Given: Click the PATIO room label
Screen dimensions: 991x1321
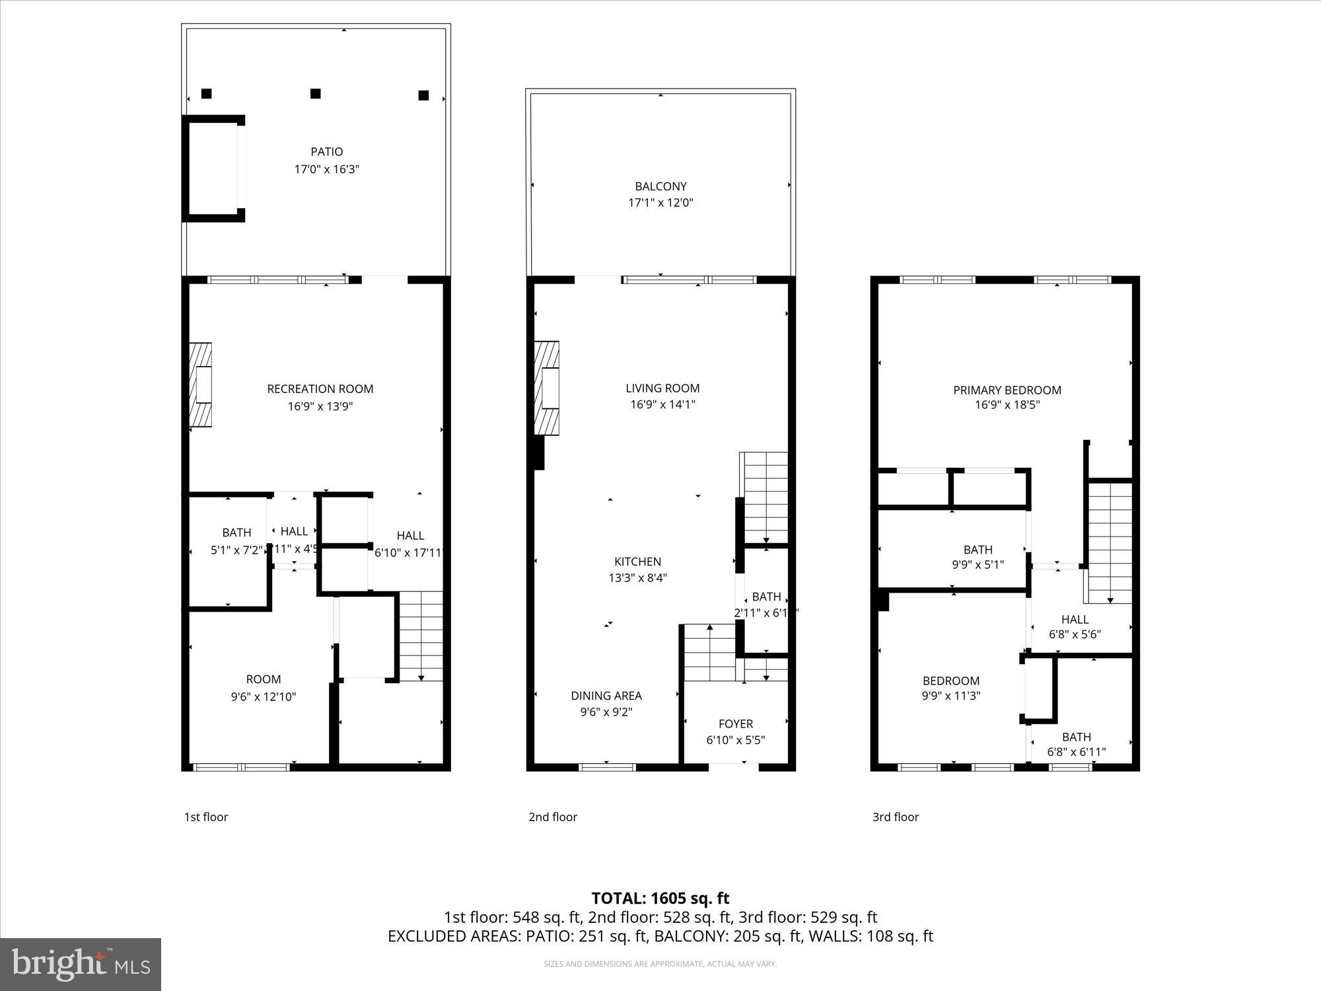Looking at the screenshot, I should coord(326,152).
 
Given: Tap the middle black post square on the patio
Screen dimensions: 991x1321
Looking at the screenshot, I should coord(316,94).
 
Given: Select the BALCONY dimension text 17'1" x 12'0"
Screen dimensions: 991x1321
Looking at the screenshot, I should coord(660,203).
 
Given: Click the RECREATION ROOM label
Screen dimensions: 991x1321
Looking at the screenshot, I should coord(320,389).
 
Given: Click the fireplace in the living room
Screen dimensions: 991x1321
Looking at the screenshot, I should coord(547,388).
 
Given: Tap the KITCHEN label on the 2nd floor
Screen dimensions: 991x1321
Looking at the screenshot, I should coord(637,562).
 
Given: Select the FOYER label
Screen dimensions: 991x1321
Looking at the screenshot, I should coord(735,724).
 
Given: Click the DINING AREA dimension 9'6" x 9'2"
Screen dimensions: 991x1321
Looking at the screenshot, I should coord(606,712).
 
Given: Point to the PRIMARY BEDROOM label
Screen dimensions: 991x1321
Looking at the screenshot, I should coord(1007,390).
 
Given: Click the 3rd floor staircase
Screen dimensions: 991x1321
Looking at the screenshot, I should coord(1110,542).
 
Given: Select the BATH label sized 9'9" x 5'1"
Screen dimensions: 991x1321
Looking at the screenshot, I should coord(978,550).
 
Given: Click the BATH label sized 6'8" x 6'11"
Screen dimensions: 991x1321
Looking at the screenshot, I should coord(1076,737).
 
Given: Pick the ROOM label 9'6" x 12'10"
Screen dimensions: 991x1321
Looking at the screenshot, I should coord(264,679).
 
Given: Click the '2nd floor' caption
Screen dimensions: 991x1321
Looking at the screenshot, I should coord(553,817).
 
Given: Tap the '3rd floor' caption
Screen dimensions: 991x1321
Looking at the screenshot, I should coord(896,817).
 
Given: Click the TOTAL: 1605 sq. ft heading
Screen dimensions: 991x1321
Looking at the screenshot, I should coord(660,899).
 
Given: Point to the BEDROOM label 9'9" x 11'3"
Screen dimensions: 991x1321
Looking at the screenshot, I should coord(950,681).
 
